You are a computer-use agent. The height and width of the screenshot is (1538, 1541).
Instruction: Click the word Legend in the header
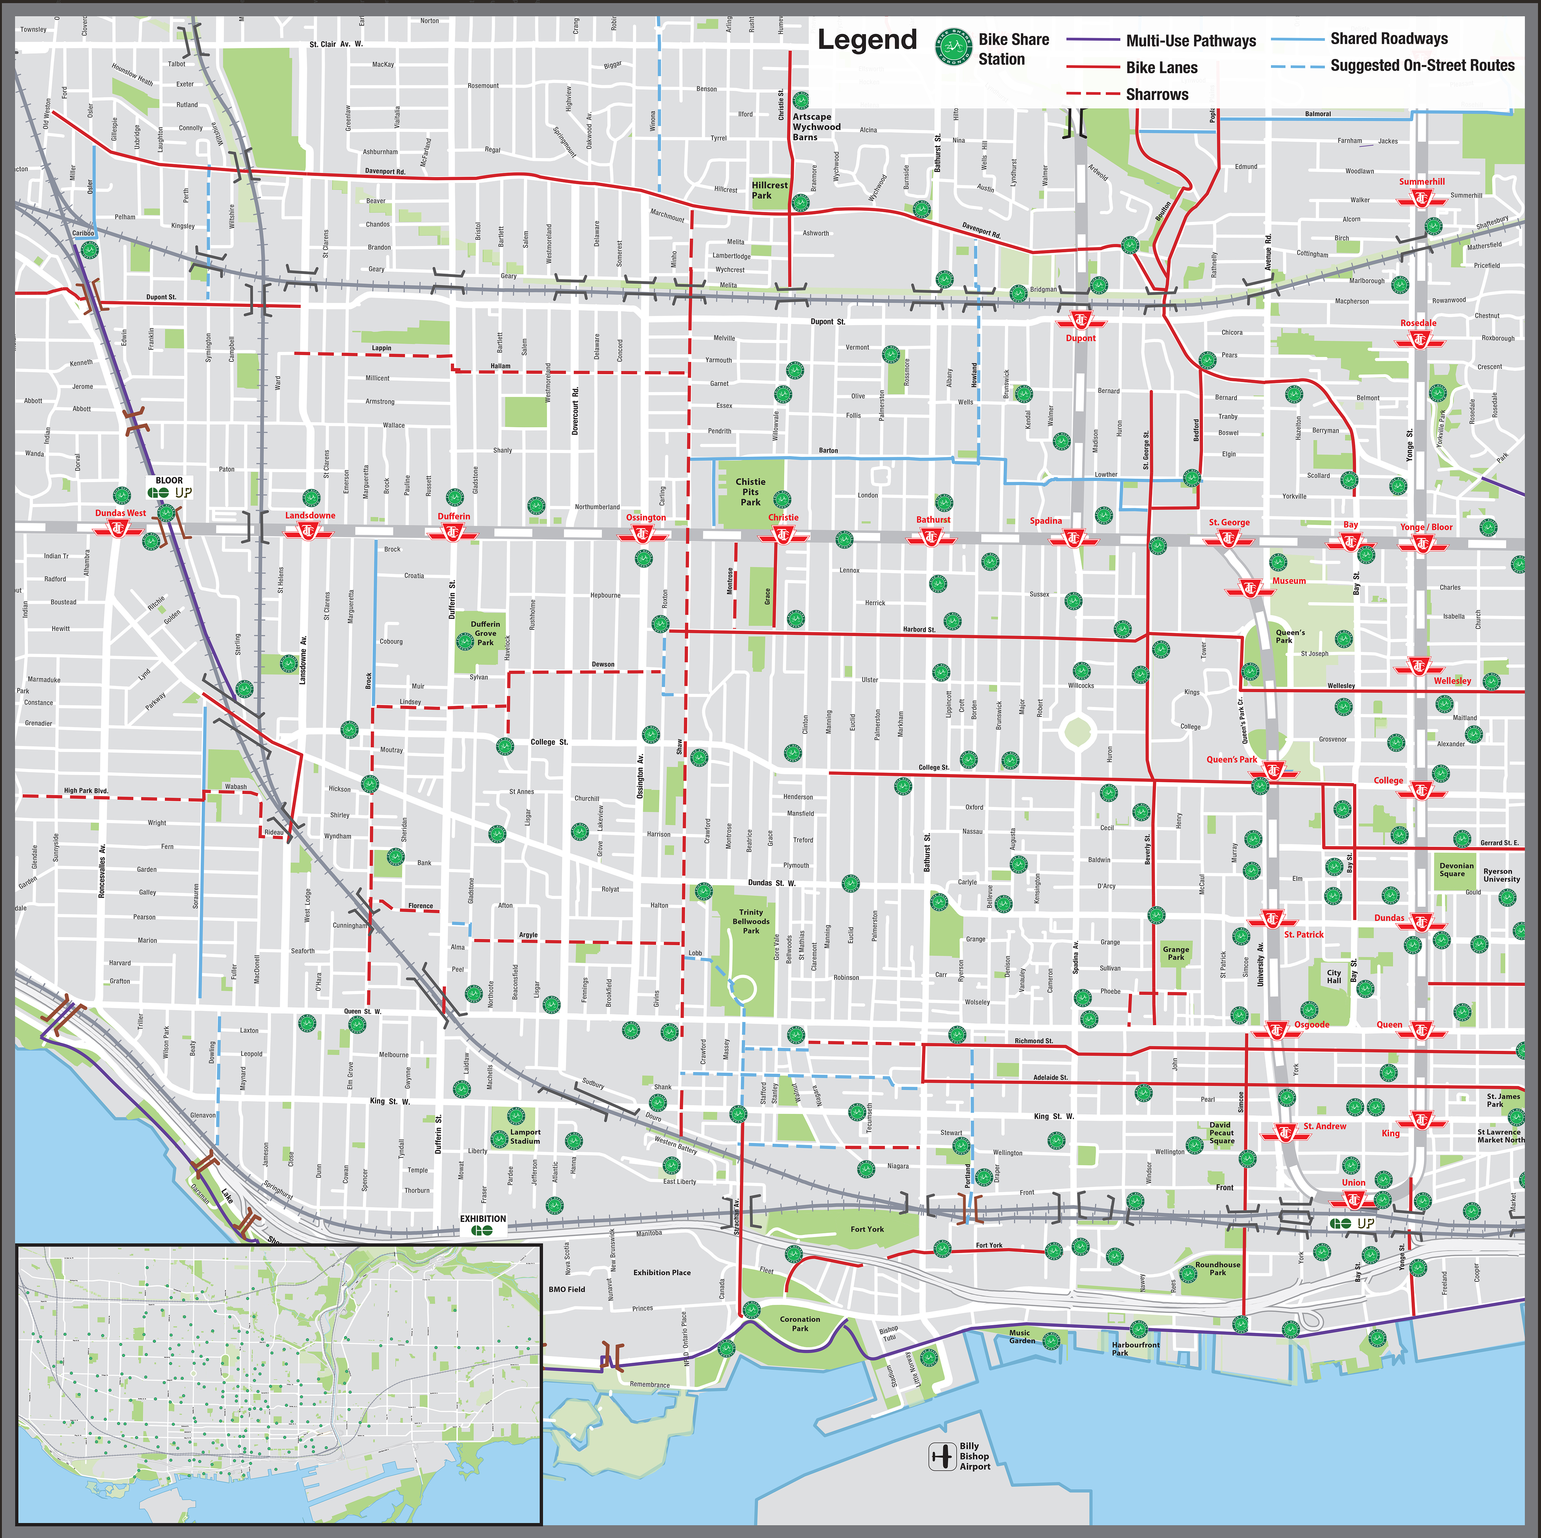coord(867,40)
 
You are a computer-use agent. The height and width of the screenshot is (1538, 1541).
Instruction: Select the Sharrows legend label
coord(1156,94)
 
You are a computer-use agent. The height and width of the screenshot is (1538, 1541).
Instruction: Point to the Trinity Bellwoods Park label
coord(751,921)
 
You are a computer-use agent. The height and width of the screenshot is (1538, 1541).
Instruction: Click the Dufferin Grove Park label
coord(485,633)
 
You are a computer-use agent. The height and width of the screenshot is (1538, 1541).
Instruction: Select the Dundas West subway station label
coord(121,513)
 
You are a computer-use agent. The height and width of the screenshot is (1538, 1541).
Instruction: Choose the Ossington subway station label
coord(645,517)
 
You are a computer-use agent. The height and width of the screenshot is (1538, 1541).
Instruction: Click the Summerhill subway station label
coord(1421,182)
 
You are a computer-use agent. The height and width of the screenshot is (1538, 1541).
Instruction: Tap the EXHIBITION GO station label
coord(483,1218)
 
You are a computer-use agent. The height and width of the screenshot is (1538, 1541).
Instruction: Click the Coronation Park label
coord(799,1324)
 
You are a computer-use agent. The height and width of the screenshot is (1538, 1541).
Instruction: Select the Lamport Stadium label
coord(525,1136)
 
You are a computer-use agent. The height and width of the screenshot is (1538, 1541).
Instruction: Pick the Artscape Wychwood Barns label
coord(816,127)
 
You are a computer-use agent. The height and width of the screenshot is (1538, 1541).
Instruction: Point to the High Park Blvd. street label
coord(86,791)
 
